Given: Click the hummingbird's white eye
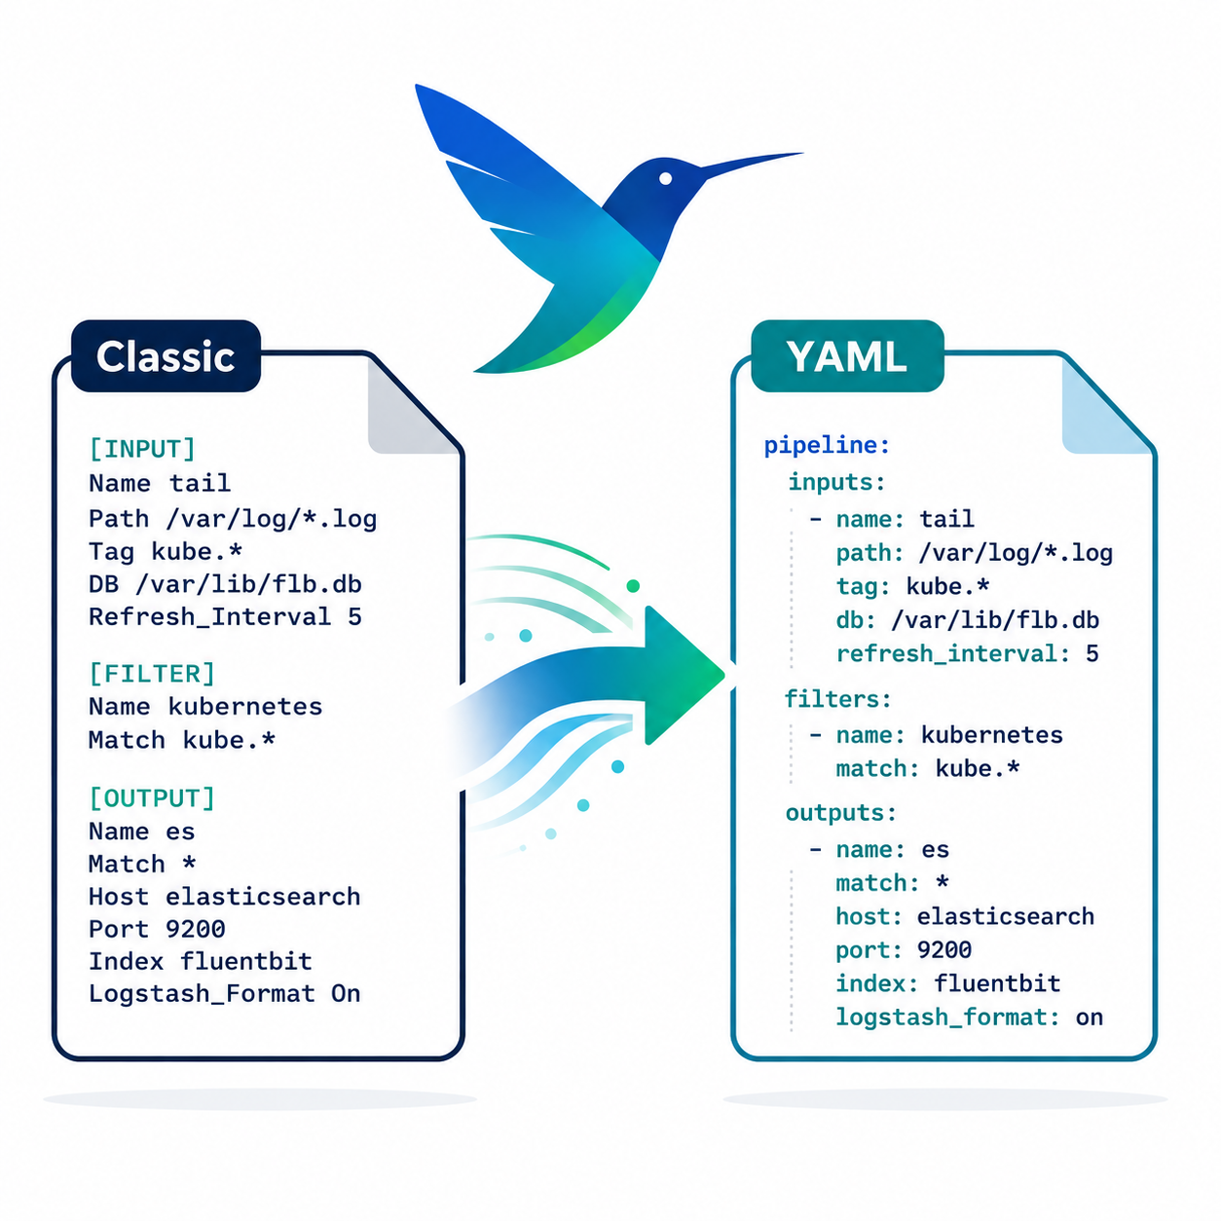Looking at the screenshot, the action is pos(665,178).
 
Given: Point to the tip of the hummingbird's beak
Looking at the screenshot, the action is pos(803,153).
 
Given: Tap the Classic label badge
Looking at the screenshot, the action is pos(166,355).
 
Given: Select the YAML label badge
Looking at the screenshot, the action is pos(847,355).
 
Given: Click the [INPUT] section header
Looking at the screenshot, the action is pos(142,449).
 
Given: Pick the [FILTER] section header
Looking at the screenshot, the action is pos(152,673).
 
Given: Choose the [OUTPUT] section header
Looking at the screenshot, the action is pos(152,797).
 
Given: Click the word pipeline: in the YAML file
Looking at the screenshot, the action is pos(827,445).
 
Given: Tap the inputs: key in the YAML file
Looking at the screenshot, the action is pos(835,482).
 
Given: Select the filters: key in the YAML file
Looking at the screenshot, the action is pos(837,699).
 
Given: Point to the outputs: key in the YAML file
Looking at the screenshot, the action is pos(841,813).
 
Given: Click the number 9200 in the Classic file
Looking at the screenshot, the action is pos(195,929).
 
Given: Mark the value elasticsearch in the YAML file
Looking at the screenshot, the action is pos(1006,916).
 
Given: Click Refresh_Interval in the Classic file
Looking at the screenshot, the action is pos(209,617).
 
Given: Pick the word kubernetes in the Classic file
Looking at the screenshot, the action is pos(245,707).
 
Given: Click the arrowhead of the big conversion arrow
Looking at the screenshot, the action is pos(684,675).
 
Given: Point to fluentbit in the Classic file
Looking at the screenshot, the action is pos(246,961).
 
